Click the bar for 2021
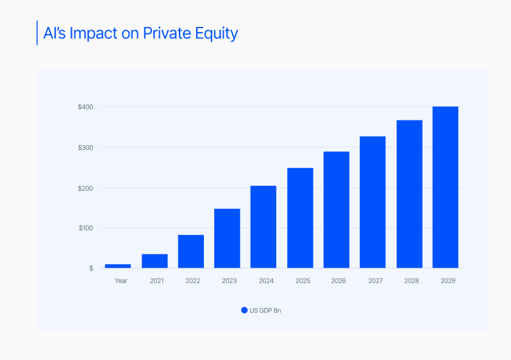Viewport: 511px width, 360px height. click(x=155, y=261)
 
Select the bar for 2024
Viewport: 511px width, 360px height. click(x=264, y=227)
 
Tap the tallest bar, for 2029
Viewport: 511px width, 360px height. click(x=445, y=187)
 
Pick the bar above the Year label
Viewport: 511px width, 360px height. click(x=118, y=266)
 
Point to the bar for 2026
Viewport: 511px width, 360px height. click(x=336, y=209)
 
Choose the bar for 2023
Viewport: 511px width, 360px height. click(x=227, y=238)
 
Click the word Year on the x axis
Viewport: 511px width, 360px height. click(x=121, y=281)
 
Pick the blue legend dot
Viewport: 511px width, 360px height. click(x=244, y=310)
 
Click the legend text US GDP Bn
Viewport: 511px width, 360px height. click(x=265, y=311)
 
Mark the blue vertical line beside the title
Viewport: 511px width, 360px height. click(x=37, y=33)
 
